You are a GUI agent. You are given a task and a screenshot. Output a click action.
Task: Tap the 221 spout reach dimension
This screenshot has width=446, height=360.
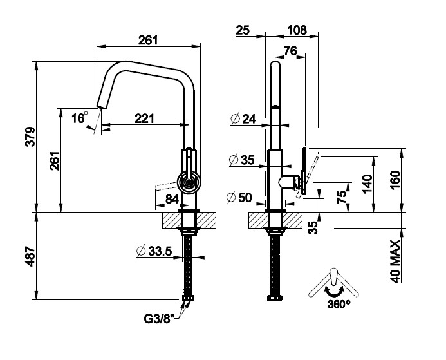(145, 118)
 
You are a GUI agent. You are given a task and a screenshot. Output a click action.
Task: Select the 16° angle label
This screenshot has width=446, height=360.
(79, 118)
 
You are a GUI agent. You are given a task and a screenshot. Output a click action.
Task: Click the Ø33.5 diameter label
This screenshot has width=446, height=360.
(154, 251)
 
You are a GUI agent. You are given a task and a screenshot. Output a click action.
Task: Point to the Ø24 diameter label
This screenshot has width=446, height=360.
(242, 118)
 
